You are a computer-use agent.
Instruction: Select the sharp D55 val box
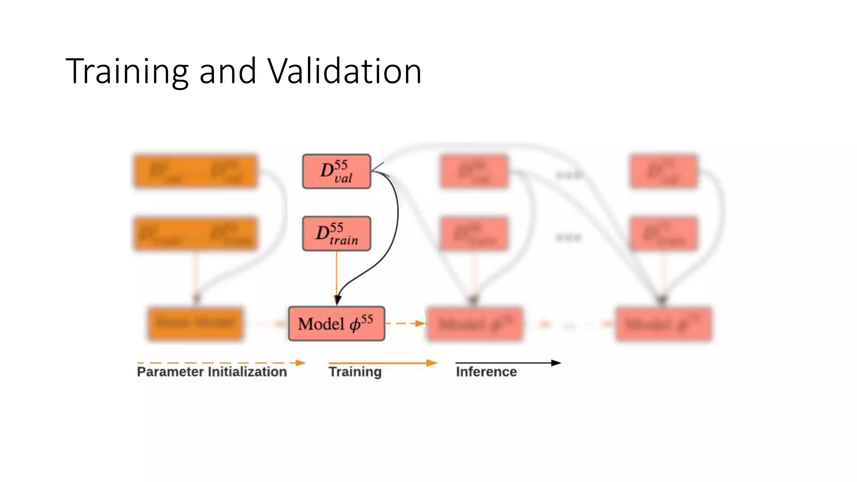click(x=336, y=172)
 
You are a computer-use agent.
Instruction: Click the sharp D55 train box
click(x=336, y=233)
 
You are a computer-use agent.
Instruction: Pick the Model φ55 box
click(x=336, y=323)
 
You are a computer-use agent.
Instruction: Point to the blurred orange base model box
click(x=195, y=323)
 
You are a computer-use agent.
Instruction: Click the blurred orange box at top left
click(x=195, y=172)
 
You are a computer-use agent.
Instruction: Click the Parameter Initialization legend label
click(x=212, y=372)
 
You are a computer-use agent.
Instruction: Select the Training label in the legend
click(x=355, y=372)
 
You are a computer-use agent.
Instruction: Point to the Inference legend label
click(x=486, y=372)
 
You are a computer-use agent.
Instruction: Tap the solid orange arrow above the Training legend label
click(x=382, y=363)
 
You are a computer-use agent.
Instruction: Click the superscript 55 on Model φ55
click(x=367, y=319)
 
